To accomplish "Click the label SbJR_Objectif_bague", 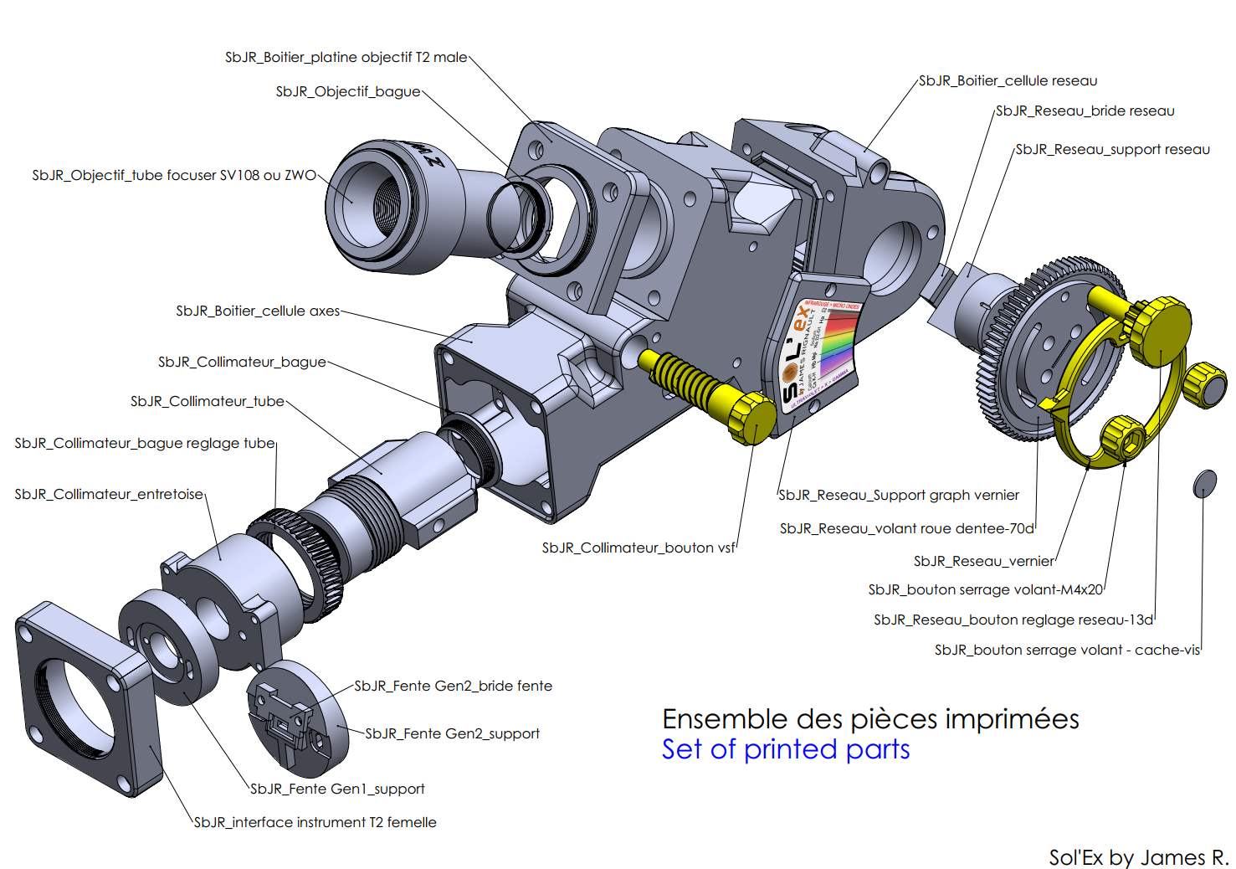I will coord(348,91).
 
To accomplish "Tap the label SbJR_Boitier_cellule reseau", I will coord(1008,80).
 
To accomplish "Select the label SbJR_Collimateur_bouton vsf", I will coord(639,548).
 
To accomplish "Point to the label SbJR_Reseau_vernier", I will coord(983,561).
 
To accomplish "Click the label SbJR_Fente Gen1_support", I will coord(337,789).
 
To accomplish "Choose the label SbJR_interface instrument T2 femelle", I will coord(315,822).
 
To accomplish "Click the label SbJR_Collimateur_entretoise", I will coord(109,494).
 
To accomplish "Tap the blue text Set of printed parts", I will coord(785,749).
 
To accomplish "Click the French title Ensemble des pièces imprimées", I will coord(870,718).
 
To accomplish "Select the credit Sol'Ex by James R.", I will coord(1138,857).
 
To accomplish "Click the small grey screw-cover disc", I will coord(1204,483).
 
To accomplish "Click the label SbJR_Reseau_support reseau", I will coord(1112,149).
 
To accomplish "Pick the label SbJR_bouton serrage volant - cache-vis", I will coord(1067,650).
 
